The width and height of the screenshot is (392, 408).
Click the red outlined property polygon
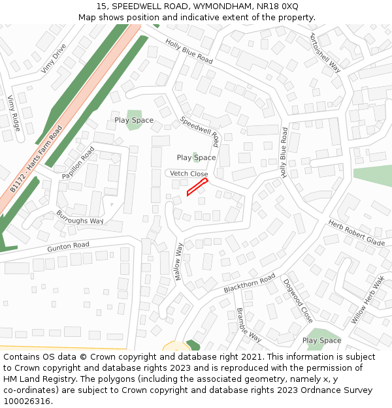[197, 187]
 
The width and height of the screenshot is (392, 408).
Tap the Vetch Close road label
[189, 174]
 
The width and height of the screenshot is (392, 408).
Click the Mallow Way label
[178, 262]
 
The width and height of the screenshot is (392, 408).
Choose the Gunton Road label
[68, 247]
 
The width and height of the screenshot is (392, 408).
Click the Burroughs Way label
[80, 217]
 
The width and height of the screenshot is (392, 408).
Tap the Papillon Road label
[78, 163]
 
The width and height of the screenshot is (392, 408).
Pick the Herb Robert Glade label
[357, 232]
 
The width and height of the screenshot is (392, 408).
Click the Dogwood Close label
[298, 301]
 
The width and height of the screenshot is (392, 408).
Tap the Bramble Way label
[249, 324]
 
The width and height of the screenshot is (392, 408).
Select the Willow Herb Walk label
[368, 300]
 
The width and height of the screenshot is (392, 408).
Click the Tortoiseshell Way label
[326, 52]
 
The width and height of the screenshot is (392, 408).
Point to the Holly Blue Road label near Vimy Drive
[189, 51]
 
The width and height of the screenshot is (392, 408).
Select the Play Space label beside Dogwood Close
[321, 340]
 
